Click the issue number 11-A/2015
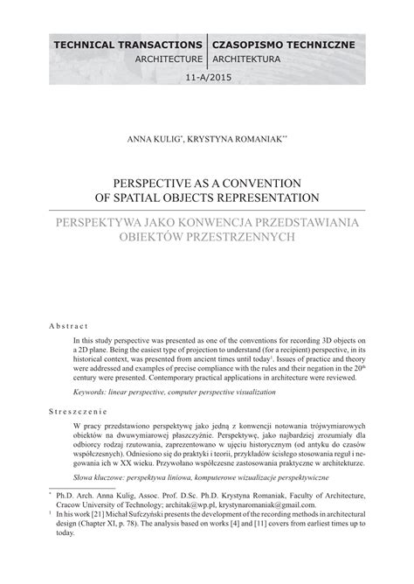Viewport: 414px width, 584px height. [x=207, y=78]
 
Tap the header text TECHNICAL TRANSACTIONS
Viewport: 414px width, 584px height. [x=128, y=43]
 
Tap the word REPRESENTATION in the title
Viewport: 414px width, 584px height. [x=269, y=197]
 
